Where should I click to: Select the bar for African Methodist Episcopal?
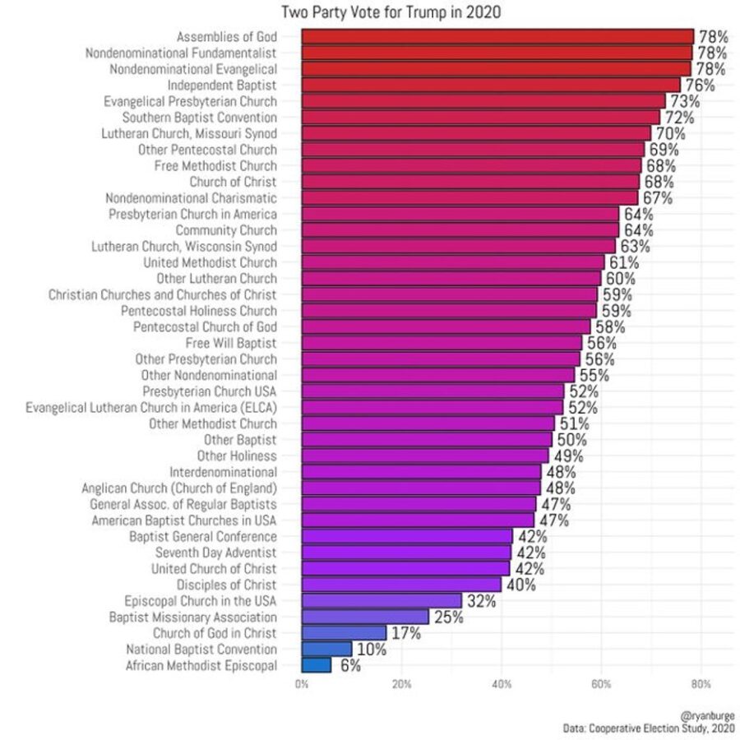pyautogui.click(x=317, y=665)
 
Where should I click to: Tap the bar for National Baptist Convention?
pyautogui.click(x=326, y=649)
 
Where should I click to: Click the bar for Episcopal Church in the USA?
pyautogui.click(x=382, y=600)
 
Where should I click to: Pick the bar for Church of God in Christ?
pyautogui.click(x=344, y=633)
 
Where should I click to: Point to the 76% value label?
pyautogui.click(x=699, y=86)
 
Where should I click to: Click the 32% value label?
pyautogui.click(x=481, y=601)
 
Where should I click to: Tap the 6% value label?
pyautogui.click(x=350, y=666)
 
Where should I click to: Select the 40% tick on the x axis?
pyautogui.click(x=502, y=684)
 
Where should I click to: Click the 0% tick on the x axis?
pyautogui.click(x=303, y=684)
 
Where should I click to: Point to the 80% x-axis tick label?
pyautogui.click(x=701, y=684)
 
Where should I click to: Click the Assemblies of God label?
pyautogui.click(x=227, y=37)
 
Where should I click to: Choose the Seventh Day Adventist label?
pyautogui.click(x=216, y=553)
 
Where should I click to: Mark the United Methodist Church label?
pyautogui.click(x=210, y=262)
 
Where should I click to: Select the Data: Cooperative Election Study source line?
pyautogui.click(x=650, y=728)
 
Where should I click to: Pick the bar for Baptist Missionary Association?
pyautogui.click(x=365, y=617)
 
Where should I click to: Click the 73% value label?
pyautogui.click(x=684, y=101)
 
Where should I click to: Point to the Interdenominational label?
pyautogui.click(x=224, y=472)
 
